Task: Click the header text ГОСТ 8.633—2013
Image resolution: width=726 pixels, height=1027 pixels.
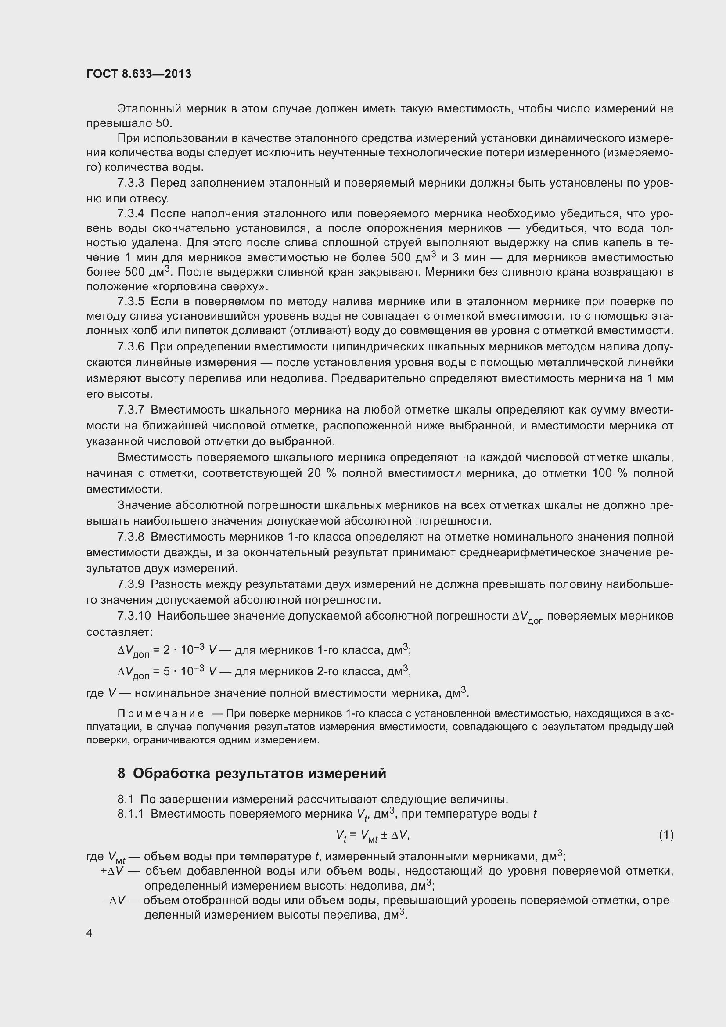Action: point(139,74)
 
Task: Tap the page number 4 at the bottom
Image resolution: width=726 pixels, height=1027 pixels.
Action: point(90,933)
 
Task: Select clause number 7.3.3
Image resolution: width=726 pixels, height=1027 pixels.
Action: point(130,183)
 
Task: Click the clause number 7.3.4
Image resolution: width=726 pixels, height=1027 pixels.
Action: point(130,213)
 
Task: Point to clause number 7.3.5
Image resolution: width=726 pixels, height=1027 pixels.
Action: point(130,302)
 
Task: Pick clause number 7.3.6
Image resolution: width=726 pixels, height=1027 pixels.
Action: point(130,347)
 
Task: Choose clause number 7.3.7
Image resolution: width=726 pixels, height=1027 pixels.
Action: point(130,410)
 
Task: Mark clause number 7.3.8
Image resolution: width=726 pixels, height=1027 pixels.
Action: point(130,537)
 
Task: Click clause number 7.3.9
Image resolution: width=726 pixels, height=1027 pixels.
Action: point(130,584)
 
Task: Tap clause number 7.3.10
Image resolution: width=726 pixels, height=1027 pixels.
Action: point(134,616)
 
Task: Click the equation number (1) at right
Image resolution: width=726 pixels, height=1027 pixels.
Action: point(666,835)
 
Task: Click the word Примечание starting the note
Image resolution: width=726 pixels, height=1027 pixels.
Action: point(161,713)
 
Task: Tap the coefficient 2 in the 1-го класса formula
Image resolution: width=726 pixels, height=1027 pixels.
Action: point(166,650)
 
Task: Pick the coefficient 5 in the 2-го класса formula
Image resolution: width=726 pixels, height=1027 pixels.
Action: point(166,672)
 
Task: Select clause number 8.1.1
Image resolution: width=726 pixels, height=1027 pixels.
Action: point(130,814)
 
